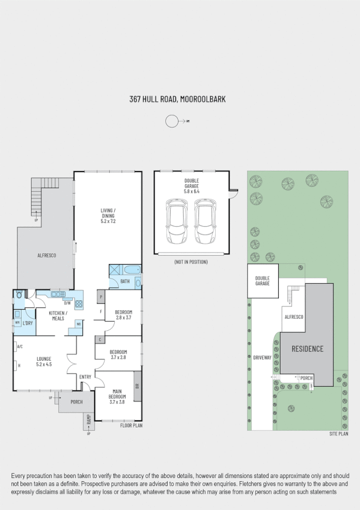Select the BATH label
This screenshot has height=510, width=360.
[125, 281]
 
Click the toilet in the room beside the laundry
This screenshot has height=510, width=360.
[20, 295]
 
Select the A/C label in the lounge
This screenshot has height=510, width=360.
[20, 346]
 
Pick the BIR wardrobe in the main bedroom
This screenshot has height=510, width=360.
[138, 386]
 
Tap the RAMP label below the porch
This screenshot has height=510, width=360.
[88, 419]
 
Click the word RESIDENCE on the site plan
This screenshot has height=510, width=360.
[307, 349]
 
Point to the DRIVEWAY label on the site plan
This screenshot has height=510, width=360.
[263, 357]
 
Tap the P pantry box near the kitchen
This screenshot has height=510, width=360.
[100, 296]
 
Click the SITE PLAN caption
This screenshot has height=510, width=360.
[338, 434]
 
